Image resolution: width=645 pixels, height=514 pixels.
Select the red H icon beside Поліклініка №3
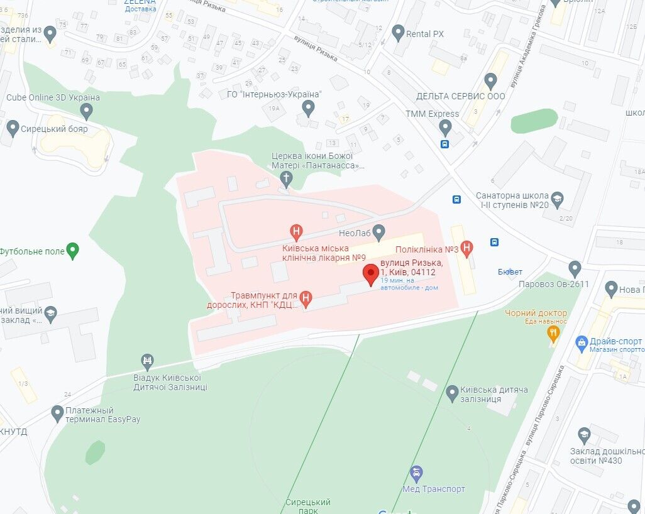click(x=466, y=248)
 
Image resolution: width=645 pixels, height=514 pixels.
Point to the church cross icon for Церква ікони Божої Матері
click(x=286, y=179)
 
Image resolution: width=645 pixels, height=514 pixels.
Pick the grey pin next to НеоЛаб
click(x=378, y=232)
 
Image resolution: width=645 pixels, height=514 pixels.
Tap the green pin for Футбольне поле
click(x=73, y=251)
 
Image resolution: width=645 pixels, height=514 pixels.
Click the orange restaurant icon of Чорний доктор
click(x=553, y=334)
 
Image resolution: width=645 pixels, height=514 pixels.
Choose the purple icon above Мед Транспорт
click(x=416, y=473)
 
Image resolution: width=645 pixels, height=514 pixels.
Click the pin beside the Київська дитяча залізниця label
click(x=451, y=394)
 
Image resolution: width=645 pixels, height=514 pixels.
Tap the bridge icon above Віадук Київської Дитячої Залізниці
click(x=147, y=361)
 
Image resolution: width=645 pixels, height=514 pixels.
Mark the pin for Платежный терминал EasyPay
click(x=58, y=413)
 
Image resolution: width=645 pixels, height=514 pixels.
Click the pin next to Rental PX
click(x=397, y=33)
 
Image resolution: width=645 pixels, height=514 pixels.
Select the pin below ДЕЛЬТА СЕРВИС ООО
click(x=491, y=81)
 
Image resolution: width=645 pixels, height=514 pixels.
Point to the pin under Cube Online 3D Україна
click(x=87, y=112)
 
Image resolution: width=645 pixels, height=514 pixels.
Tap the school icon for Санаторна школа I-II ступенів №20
click(x=557, y=200)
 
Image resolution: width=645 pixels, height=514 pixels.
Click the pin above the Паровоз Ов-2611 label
click(x=574, y=269)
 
